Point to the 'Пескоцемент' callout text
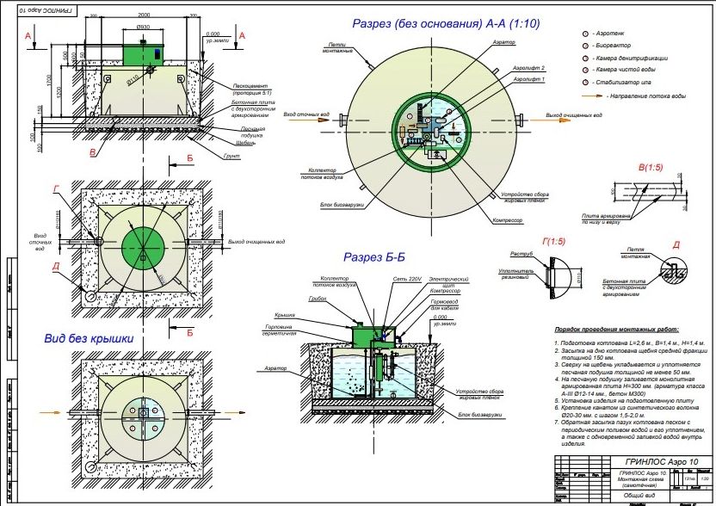tap(252, 85)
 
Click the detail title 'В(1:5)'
tap(653, 166)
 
